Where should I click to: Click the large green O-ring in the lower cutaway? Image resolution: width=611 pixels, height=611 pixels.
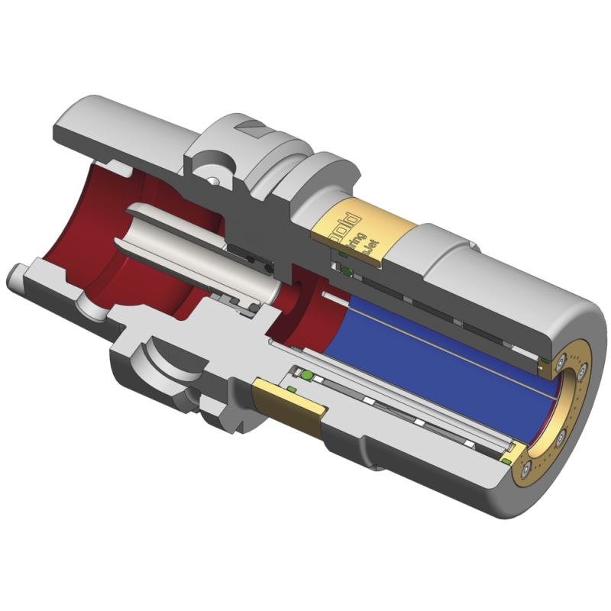point(306,377)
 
